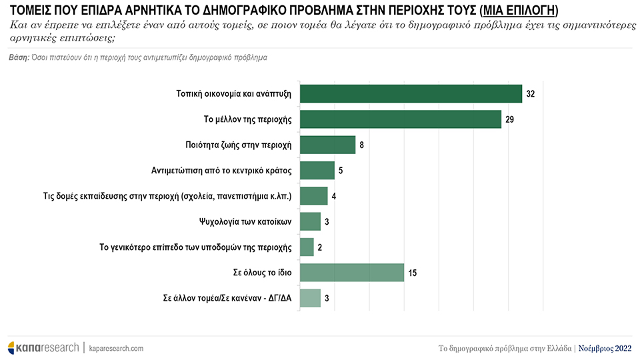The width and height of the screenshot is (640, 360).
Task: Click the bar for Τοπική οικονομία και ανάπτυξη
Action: [411, 94]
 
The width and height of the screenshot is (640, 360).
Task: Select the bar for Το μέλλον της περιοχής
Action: [400, 119]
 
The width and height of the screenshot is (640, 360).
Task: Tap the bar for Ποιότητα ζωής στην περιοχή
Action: [327, 145]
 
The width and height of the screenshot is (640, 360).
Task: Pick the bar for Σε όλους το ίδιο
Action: [352, 273]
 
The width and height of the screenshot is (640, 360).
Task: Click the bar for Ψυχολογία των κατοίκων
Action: [311, 221]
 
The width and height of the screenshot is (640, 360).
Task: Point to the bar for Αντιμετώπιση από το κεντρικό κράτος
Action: [317, 171]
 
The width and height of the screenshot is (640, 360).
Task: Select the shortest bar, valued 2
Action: [307, 247]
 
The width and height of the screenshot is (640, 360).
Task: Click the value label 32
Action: [531, 94]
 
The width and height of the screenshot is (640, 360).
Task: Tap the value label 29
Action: [510, 119]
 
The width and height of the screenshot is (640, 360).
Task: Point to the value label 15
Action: [413, 273]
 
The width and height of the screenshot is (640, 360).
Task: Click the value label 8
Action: [362, 145]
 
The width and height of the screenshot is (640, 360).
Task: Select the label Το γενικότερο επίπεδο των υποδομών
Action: [195, 247]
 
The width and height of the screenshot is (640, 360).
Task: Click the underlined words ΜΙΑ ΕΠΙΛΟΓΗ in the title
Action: [522, 11]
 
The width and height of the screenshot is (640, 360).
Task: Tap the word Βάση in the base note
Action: [18, 58]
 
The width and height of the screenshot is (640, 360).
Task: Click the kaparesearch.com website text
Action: [115, 349]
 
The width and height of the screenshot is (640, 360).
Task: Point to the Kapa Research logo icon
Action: [11, 348]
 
